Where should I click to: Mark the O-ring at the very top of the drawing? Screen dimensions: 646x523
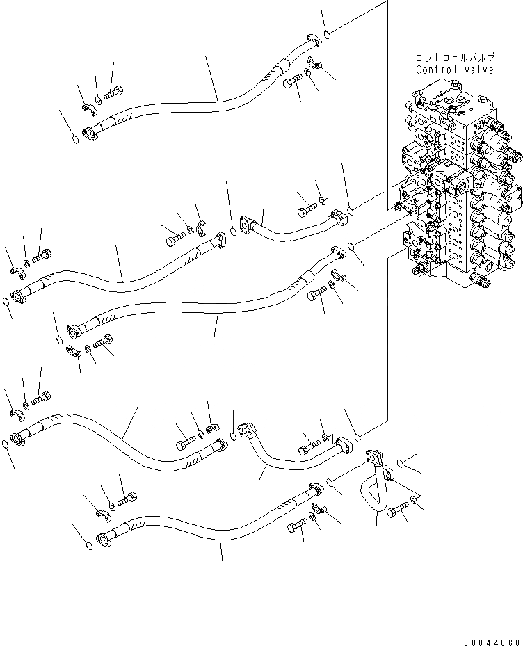327,32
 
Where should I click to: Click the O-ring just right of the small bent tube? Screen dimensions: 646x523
402,463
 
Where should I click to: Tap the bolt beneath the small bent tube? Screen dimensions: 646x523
395,512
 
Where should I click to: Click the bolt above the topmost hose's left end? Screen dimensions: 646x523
113,92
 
